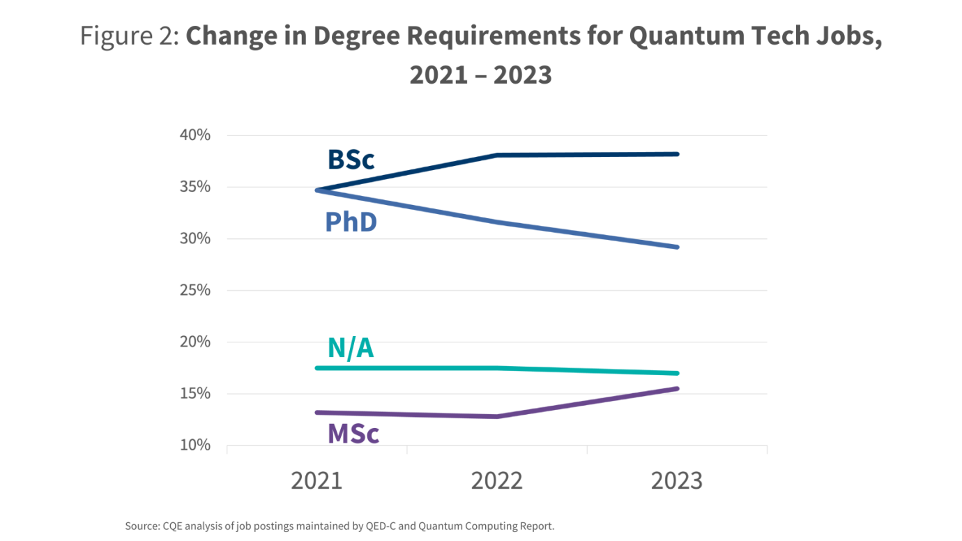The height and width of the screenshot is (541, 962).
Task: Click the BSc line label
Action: click(x=351, y=160)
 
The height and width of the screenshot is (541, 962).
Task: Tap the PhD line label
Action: click(x=351, y=222)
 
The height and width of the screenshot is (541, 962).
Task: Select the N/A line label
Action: click(x=351, y=347)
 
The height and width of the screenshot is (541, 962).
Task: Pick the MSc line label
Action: click(x=353, y=434)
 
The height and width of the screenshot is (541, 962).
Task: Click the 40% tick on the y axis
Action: click(x=194, y=135)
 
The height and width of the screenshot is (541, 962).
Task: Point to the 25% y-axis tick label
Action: click(x=194, y=290)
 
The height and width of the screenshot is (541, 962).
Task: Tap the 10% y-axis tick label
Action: click(x=194, y=445)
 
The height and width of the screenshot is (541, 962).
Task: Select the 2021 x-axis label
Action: click(x=316, y=480)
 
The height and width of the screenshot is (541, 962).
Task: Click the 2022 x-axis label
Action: click(x=496, y=480)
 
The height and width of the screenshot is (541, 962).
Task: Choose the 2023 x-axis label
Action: click(x=676, y=480)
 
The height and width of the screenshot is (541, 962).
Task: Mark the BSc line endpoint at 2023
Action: click(x=677, y=154)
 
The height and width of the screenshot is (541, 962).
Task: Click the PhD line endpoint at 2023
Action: click(x=677, y=247)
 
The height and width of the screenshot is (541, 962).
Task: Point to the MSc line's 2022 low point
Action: click(x=496, y=416)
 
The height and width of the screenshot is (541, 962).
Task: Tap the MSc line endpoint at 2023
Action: click(x=677, y=388)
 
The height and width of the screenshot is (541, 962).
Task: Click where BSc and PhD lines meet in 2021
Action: click(x=317, y=190)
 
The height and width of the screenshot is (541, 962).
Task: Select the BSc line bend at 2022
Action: click(x=496, y=155)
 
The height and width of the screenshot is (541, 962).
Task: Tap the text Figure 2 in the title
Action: click(x=129, y=36)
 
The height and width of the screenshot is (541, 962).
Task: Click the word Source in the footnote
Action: click(x=141, y=526)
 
